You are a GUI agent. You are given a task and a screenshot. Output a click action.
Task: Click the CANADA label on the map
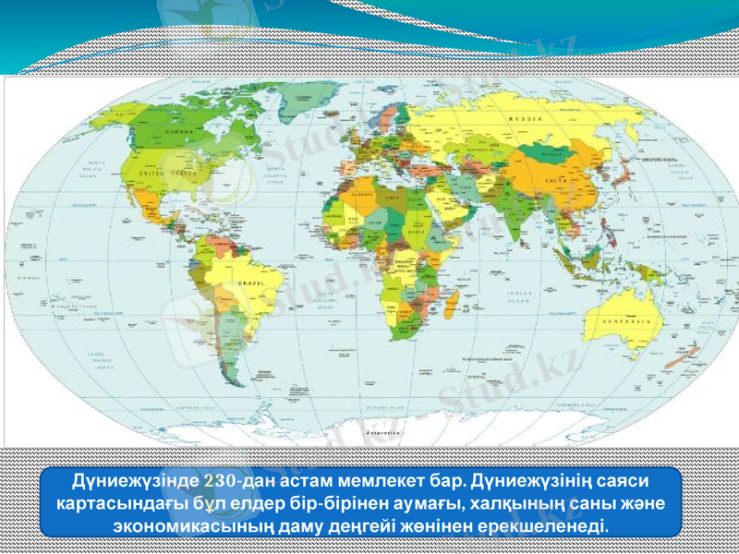[x=178, y=132]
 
